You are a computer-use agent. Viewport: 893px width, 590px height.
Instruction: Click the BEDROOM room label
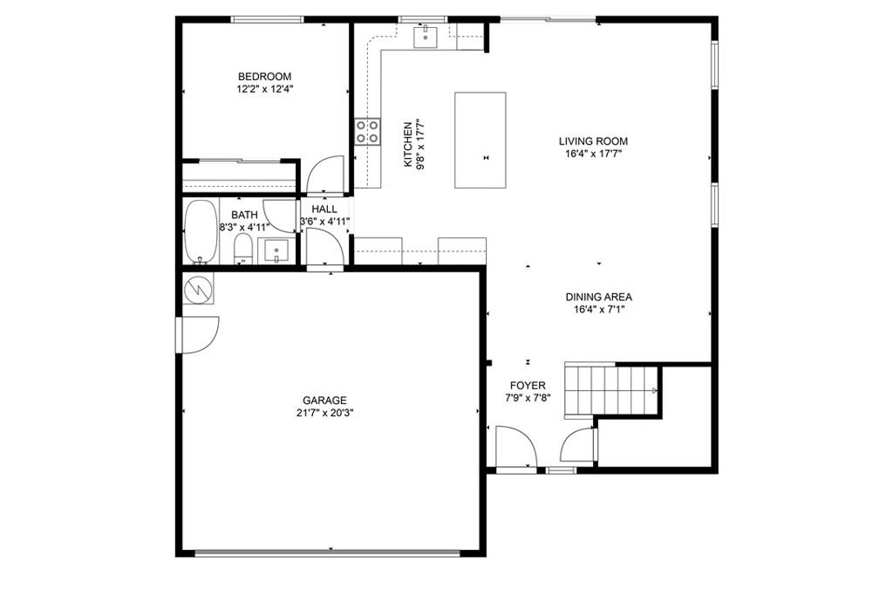point(264,77)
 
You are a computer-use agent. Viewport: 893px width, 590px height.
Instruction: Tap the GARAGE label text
point(324,401)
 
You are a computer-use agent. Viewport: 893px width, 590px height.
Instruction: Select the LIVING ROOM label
point(593,141)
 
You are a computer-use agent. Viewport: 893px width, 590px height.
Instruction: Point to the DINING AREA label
point(598,297)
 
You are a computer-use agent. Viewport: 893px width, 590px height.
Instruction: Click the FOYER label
point(528,386)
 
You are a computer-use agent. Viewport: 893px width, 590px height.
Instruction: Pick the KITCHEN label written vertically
point(408,145)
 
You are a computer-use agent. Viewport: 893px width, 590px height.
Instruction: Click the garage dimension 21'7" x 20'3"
point(325,414)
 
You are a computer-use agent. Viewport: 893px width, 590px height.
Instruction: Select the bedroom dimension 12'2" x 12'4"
point(265,89)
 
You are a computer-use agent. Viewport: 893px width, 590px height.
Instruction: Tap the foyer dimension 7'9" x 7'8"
point(528,399)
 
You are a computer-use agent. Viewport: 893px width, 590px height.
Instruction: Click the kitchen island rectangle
point(481,141)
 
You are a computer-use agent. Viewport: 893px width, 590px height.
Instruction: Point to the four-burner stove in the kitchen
point(367,131)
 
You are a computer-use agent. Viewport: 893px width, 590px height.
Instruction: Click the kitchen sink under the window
point(426,37)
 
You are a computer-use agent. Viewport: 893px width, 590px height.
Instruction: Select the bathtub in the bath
point(201,232)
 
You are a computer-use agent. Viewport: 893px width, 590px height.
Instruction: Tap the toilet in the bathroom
point(243,250)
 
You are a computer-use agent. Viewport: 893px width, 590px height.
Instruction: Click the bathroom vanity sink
point(276,251)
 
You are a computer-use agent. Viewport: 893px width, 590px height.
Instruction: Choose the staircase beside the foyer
point(612,390)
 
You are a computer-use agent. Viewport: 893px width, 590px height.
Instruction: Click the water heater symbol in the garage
point(198,289)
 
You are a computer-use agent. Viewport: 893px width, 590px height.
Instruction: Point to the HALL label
point(324,209)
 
